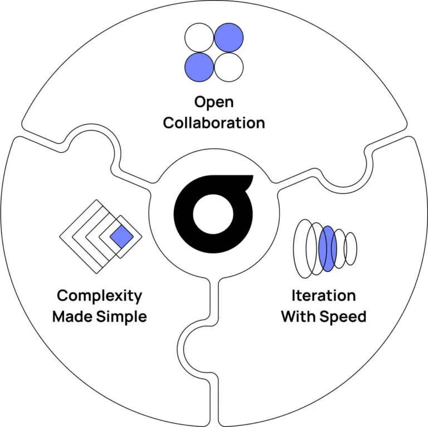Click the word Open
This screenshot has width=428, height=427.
click(x=214, y=102)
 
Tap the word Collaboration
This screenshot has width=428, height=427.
click(x=214, y=122)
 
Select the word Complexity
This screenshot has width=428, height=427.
click(x=100, y=296)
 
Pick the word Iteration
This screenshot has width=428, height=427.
click(x=323, y=296)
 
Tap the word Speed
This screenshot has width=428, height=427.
click(x=346, y=316)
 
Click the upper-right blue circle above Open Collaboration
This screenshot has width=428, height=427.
click(x=228, y=39)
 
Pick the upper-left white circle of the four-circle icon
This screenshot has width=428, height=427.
click(x=199, y=39)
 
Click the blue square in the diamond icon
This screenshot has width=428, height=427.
click(x=120, y=238)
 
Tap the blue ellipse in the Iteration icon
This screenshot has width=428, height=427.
click(x=327, y=248)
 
